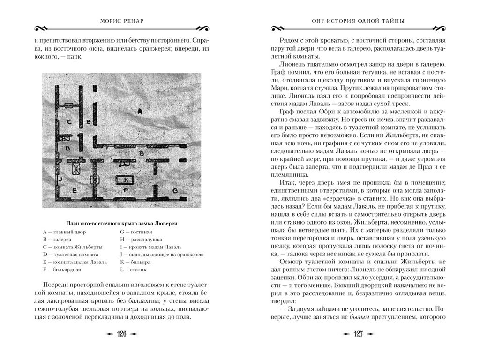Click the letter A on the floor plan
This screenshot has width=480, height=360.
139,111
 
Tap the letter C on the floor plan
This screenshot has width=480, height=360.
68,121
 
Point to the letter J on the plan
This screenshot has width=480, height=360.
60,179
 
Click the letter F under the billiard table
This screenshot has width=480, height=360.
125,190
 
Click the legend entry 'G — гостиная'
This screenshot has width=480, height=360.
136,232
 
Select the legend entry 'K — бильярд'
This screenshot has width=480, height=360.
136,262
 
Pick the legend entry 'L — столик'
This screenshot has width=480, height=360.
133,270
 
